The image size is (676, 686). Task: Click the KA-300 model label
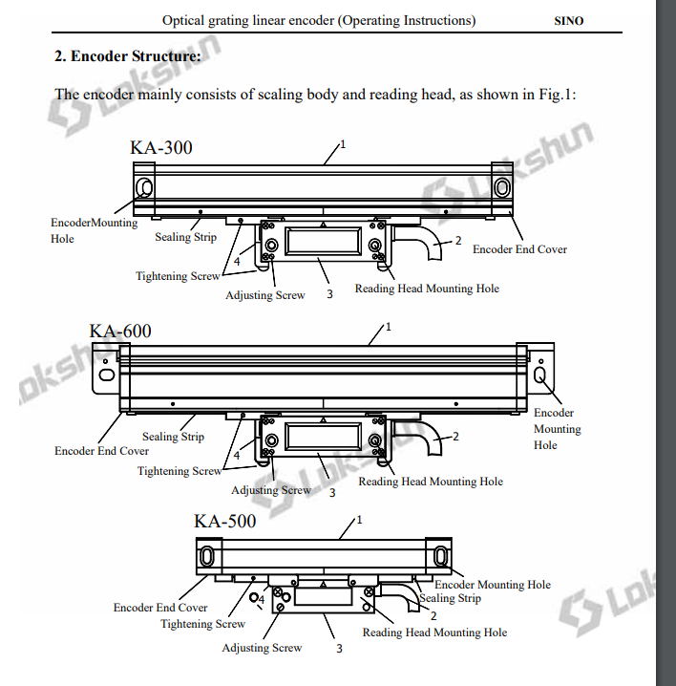click(x=160, y=147)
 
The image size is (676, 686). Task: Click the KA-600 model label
click(x=120, y=332)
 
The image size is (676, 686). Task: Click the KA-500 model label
click(x=225, y=521)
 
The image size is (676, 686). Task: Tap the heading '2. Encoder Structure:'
click(x=128, y=56)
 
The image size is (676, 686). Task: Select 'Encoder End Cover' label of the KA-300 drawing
click(x=519, y=249)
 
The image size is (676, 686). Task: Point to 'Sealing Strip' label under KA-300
click(x=186, y=237)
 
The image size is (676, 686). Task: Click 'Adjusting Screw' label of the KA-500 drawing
click(x=262, y=648)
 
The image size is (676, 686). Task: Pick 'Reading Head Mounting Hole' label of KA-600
click(x=431, y=482)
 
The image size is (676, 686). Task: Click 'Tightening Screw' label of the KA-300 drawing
click(x=178, y=276)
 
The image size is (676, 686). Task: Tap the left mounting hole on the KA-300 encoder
click(x=144, y=186)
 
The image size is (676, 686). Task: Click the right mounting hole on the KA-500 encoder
click(x=440, y=556)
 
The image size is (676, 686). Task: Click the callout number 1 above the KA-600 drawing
click(x=389, y=327)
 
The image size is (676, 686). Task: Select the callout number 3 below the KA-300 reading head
click(x=329, y=295)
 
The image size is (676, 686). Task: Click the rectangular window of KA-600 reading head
click(x=325, y=439)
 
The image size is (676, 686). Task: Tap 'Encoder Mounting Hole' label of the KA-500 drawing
click(x=492, y=585)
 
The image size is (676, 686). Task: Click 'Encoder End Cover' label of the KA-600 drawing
click(x=101, y=451)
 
